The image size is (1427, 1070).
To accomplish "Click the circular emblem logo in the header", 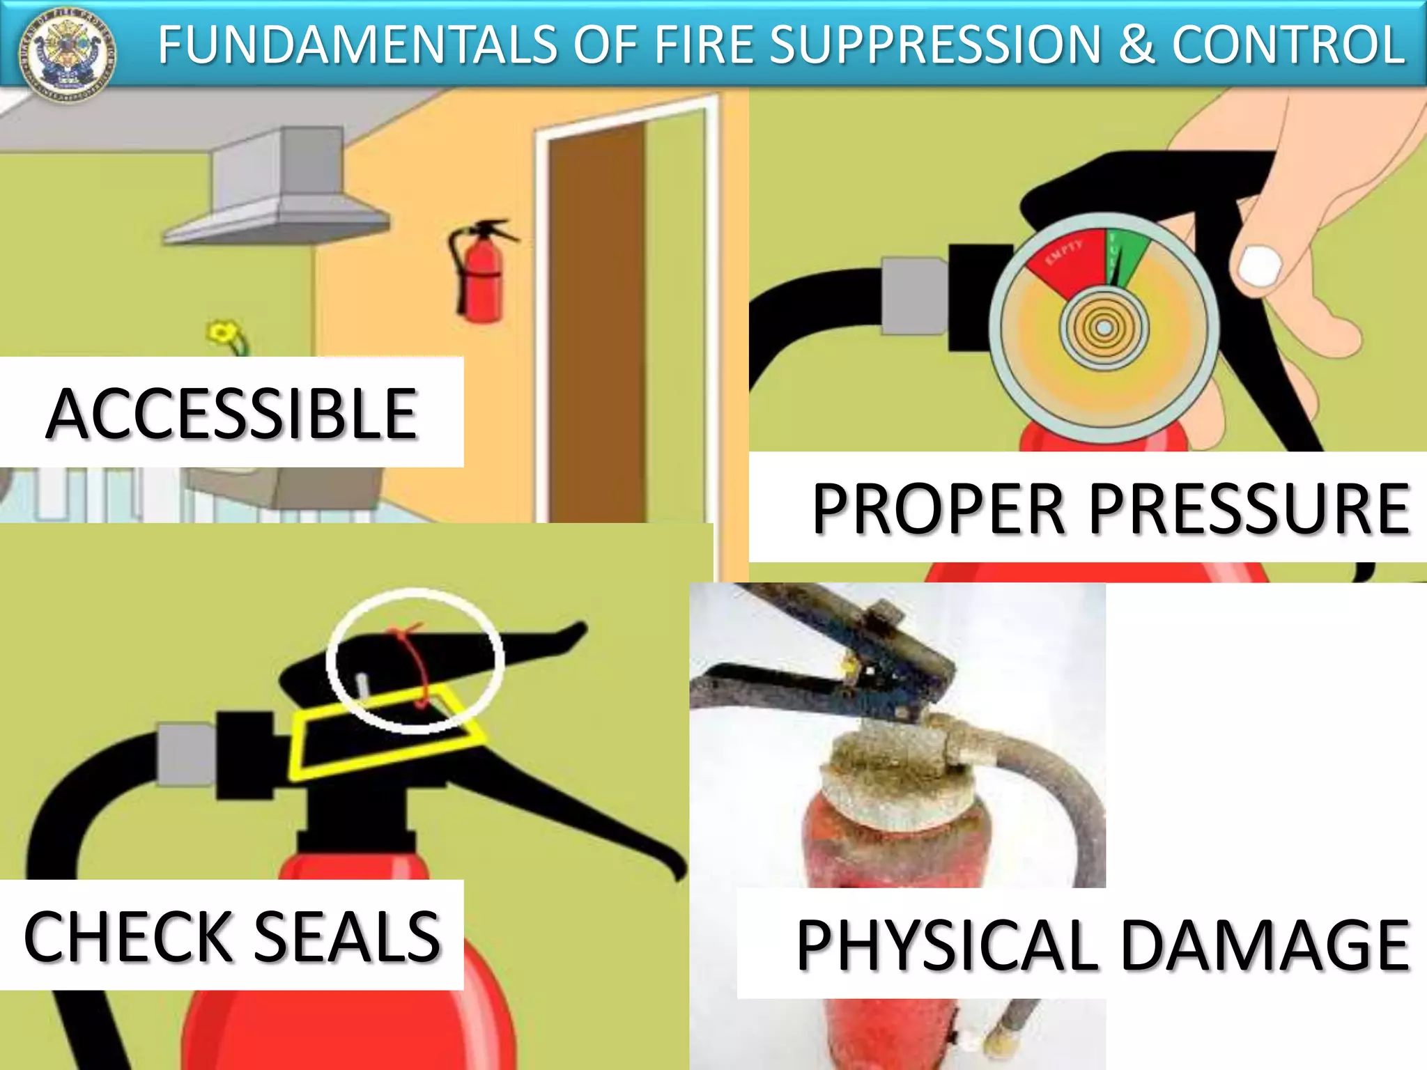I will [x=68, y=54].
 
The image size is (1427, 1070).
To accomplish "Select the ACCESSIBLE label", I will [x=231, y=414].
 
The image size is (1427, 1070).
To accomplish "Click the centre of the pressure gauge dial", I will [x=1104, y=327].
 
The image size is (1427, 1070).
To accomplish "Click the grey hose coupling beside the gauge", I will [x=914, y=295].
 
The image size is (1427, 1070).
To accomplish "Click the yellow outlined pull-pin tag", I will [x=383, y=738].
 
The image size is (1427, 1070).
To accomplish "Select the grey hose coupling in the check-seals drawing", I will [x=187, y=755].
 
